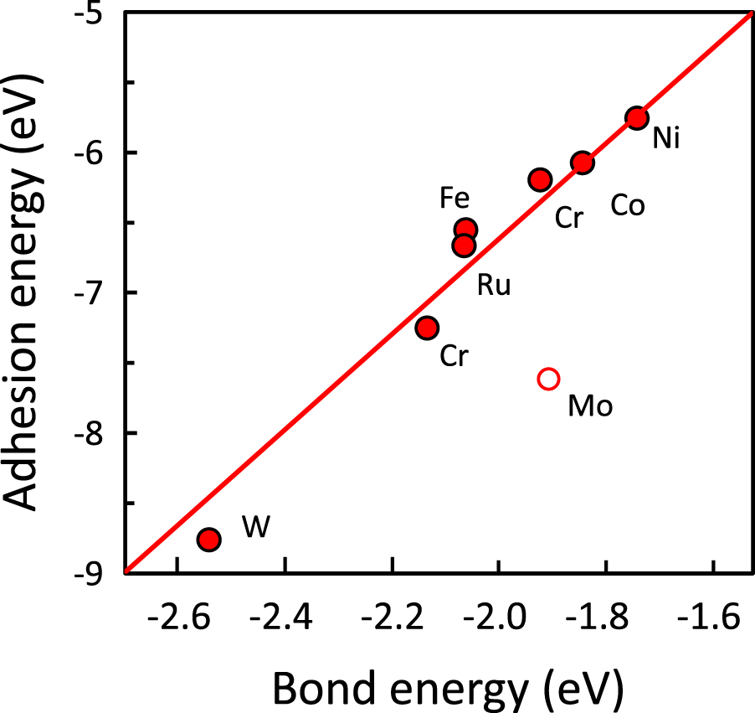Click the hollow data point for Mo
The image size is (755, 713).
[x=548, y=379]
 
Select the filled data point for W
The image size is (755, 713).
[x=208, y=539]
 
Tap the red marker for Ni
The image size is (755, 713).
[x=636, y=118]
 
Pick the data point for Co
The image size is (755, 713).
[x=582, y=163]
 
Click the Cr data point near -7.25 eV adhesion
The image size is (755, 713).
[x=427, y=328]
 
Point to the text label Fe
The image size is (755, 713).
[x=455, y=199]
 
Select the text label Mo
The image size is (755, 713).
[x=590, y=406]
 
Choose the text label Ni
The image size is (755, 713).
[x=666, y=138]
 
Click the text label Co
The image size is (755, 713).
[x=627, y=205]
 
